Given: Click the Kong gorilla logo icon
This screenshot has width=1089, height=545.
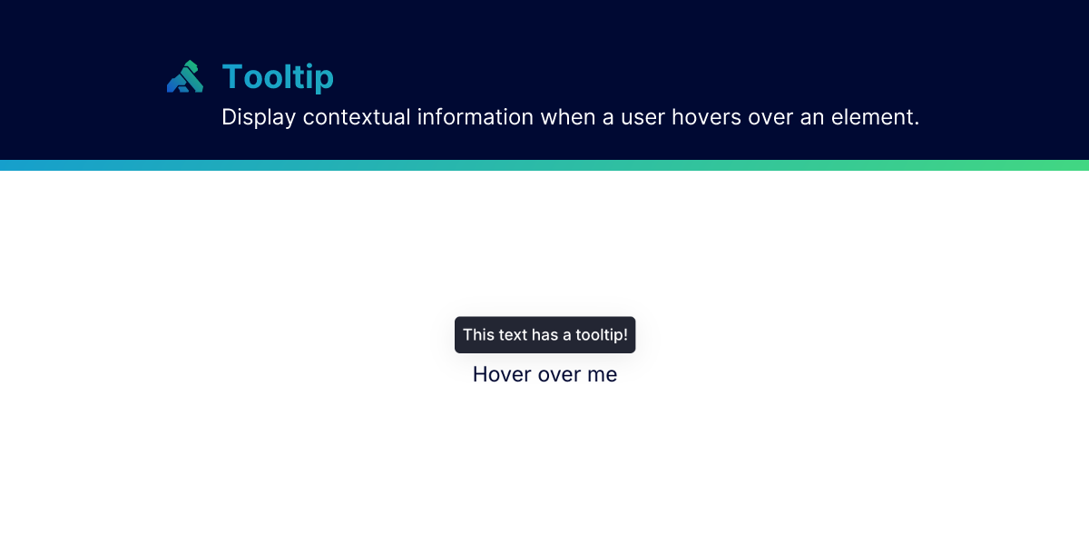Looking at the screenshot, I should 184,77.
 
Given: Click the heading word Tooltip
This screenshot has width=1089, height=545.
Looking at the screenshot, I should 278,77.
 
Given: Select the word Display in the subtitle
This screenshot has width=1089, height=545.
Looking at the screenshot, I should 259,117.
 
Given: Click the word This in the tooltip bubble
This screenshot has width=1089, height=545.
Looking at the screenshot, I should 478,335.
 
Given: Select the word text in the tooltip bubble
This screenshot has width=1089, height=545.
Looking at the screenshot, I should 513,335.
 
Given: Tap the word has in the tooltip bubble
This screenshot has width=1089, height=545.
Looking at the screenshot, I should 544,335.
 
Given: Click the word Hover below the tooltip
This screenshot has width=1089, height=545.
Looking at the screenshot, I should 502,374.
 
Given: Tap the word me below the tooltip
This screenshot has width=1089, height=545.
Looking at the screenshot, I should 602,374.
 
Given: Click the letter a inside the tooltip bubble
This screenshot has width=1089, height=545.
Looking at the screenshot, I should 568,335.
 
